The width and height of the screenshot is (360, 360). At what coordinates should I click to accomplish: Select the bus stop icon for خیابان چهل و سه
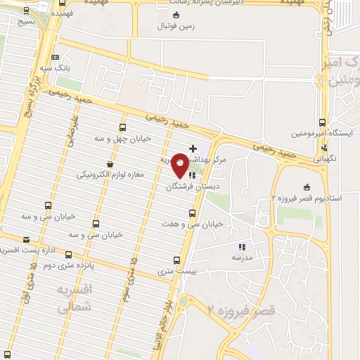click(123, 128)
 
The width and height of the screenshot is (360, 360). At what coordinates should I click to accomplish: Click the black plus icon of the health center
click(193, 148)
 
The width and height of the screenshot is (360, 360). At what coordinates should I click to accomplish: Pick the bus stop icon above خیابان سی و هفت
click(192, 213)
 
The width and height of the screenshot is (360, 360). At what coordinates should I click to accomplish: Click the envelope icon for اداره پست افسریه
click(27, 239)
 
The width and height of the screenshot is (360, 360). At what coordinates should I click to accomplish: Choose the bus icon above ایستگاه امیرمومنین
click(323, 122)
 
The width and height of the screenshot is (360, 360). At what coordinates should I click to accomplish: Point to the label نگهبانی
click(324, 158)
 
